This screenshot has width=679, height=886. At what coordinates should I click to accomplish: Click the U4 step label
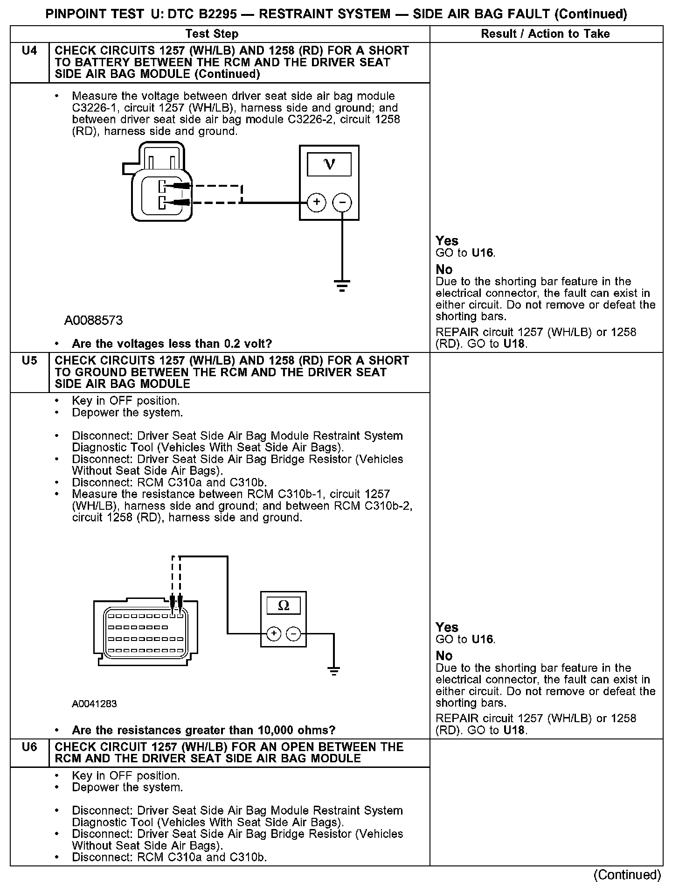click(x=29, y=50)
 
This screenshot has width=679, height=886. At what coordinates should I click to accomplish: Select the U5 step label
click(x=29, y=360)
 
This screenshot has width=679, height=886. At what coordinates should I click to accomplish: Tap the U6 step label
click(x=29, y=747)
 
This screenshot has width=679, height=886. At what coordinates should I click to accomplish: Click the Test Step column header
click(x=212, y=34)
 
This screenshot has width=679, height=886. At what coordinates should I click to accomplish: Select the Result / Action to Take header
click(x=545, y=34)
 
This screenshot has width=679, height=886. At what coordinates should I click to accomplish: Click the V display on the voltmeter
click(x=329, y=164)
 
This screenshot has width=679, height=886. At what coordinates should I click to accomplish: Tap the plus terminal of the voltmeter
click(x=317, y=202)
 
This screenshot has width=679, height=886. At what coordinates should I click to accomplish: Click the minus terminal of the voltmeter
click(x=342, y=202)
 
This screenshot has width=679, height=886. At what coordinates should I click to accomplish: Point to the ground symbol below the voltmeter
click(x=342, y=285)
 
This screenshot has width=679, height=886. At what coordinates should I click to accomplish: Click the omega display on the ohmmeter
click(x=283, y=606)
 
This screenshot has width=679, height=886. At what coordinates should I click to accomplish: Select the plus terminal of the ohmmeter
click(x=273, y=633)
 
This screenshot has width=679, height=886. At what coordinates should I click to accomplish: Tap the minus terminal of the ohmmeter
click(x=293, y=633)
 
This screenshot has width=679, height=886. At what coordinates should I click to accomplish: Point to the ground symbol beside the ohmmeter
click(x=334, y=671)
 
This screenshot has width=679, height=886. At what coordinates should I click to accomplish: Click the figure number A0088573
click(x=94, y=320)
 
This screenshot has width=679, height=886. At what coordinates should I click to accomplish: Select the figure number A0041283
click(x=94, y=703)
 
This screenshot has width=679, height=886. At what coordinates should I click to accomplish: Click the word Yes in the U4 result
click(x=447, y=241)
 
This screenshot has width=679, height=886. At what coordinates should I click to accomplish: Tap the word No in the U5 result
click(x=444, y=656)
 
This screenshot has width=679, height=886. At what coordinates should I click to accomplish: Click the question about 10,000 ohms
click(x=204, y=730)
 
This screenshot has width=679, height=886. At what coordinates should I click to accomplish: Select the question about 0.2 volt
click(x=172, y=344)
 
